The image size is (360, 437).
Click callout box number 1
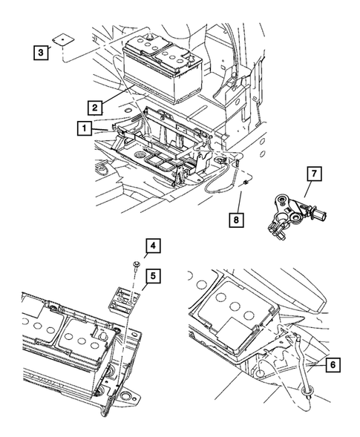(84, 128)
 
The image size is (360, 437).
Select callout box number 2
(95, 108)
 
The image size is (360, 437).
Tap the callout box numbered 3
(41, 52)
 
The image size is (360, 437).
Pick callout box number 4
(153, 246)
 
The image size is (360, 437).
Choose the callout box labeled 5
(153, 276)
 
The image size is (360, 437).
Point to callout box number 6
(333, 364)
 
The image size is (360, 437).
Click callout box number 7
(314, 174)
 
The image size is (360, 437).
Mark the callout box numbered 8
(236, 220)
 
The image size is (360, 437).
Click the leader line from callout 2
(117, 94)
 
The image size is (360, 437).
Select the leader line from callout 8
(239, 203)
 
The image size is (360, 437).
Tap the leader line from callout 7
(310, 189)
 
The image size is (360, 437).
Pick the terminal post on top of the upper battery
(151, 36)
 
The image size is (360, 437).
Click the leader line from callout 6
(318, 364)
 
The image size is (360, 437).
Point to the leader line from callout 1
(99, 129)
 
